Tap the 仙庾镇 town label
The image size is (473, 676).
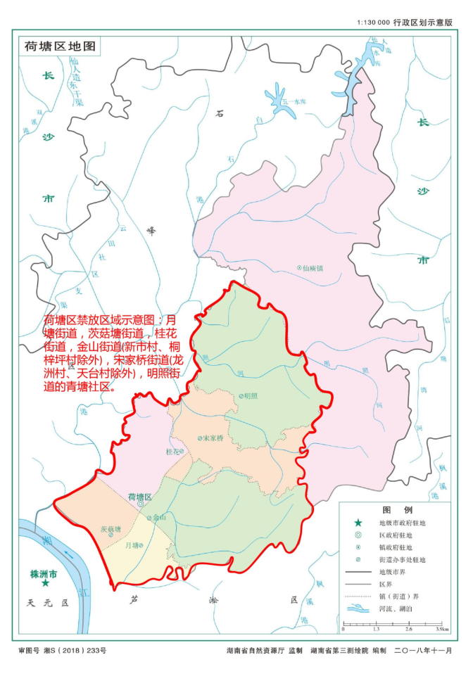coord(312,268)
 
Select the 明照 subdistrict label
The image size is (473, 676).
coord(249,395)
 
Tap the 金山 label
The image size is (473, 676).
coord(159,517)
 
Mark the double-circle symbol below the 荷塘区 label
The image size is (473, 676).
coord(140,504)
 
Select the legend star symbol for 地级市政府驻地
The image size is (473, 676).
coord(358,523)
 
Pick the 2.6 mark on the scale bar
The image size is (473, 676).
coord(408,628)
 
